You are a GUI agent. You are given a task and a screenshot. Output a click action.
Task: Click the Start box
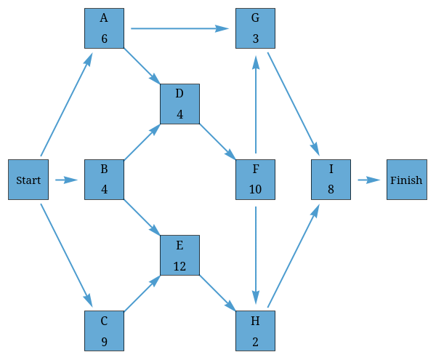(28, 180)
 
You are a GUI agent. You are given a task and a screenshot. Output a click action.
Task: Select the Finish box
(406, 180)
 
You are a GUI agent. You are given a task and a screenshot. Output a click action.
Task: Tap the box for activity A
(104, 28)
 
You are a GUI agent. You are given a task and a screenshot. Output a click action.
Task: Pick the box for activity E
(179, 255)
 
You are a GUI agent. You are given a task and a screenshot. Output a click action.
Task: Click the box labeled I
(331, 180)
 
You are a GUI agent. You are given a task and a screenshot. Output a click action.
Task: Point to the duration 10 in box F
(255, 191)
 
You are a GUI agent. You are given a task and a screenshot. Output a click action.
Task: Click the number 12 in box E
(179, 266)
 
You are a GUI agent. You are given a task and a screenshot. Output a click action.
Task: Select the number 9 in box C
(104, 342)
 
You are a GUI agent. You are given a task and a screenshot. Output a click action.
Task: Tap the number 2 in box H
(255, 342)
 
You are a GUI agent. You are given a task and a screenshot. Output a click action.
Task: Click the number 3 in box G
(255, 39)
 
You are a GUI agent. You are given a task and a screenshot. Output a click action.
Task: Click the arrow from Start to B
(66, 180)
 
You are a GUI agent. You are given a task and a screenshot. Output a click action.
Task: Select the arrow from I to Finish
(368, 180)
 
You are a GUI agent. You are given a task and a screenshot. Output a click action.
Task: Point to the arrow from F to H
(255, 255)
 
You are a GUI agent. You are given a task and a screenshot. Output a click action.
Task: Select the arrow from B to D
(142, 142)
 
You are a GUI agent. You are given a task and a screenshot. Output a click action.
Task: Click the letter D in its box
(179, 93)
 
